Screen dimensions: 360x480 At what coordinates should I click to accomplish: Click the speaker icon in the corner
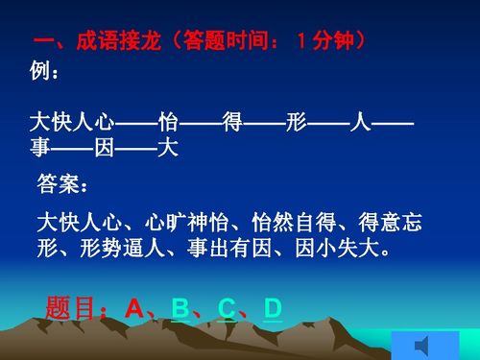pyautogui.click(x=423, y=344)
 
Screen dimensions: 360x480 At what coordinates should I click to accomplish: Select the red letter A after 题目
pyautogui.click(x=133, y=308)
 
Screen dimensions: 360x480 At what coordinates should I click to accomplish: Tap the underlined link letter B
pyautogui.click(x=180, y=308)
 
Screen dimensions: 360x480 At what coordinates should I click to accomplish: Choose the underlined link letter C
pyautogui.click(x=227, y=308)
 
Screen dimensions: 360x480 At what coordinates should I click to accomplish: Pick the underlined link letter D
pyautogui.click(x=273, y=308)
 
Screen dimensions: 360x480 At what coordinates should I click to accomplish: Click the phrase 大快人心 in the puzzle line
pyautogui.click(x=73, y=123)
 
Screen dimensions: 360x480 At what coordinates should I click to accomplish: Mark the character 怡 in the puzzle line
pyautogui.click(x=169, y=123)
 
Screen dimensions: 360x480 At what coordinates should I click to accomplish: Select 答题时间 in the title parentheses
pyautogui.click(x=232, y=43)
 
